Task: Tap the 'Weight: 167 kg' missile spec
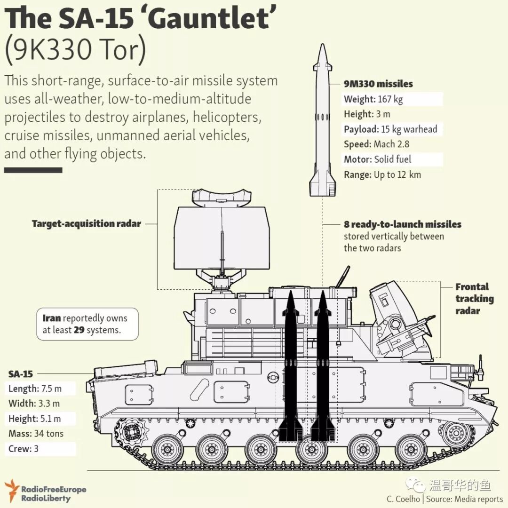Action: (x=373, y=99)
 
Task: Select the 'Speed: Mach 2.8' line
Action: (x=376, y=144)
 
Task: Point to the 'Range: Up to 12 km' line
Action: (x=382, y=175)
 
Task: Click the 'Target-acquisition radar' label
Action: (x=87, y=224)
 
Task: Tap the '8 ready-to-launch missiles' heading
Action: (x=402, y=224)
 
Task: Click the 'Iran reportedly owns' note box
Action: (x=87, y=324)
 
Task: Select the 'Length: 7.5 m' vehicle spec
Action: (x=35, y=389)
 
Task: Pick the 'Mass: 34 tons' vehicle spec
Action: (x=36, y=434)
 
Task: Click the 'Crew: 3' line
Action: (x=24, y=449)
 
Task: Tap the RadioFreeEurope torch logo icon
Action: (x=11, y=491)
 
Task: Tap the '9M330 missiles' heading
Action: (x=378, y=84)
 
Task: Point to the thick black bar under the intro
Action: (x=33, y=170)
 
